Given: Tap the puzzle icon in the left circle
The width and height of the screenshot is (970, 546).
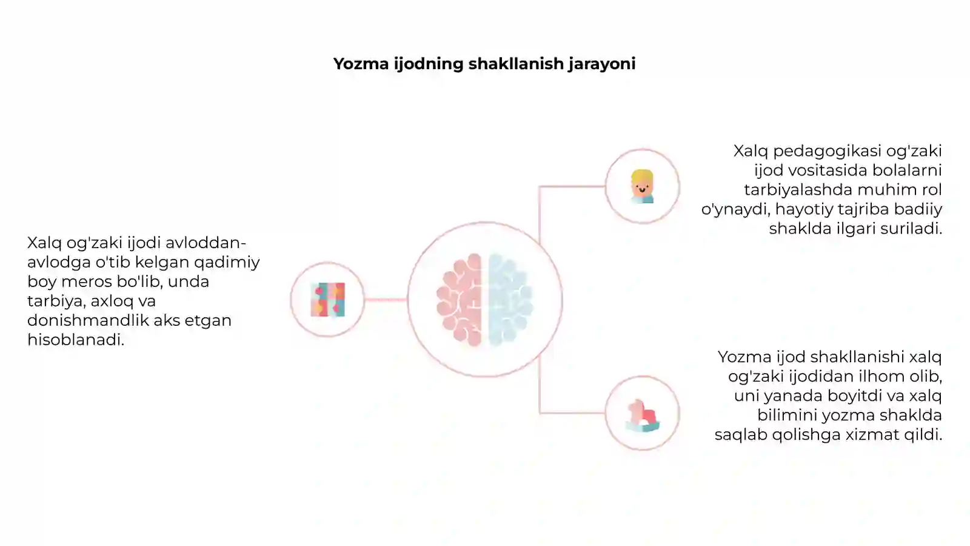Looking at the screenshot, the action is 328,300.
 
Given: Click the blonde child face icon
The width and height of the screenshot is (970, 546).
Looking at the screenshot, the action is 642,186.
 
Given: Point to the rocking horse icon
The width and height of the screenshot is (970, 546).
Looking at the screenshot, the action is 642,416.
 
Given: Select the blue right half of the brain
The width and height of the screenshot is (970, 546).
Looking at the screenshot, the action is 510,300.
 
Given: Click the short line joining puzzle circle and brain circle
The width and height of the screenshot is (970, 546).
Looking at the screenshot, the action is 386,300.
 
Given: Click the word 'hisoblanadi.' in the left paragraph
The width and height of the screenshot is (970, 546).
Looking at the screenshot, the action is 76,340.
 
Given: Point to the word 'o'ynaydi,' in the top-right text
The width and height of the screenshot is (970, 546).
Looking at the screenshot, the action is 734,209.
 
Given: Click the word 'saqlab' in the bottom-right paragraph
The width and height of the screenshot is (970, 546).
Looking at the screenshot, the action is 741,434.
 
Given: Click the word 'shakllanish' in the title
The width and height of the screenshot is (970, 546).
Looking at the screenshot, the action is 516,64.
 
